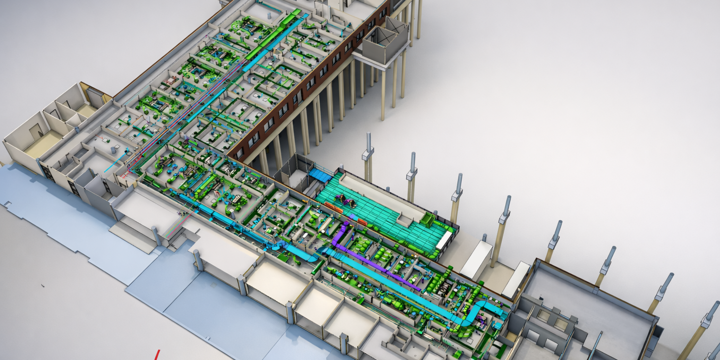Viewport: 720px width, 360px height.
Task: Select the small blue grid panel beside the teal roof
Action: coord(320,175)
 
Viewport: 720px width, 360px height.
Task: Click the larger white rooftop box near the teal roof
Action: coord(476,260)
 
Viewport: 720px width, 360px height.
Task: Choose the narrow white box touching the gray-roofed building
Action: coord(516,279)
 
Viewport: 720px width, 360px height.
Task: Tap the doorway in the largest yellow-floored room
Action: coord(37,133)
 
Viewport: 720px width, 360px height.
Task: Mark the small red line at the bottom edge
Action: coord(157,354)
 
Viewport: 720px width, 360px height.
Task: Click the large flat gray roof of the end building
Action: coord(591,300)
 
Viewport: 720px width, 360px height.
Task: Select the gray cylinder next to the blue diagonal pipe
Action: coord(114,151)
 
